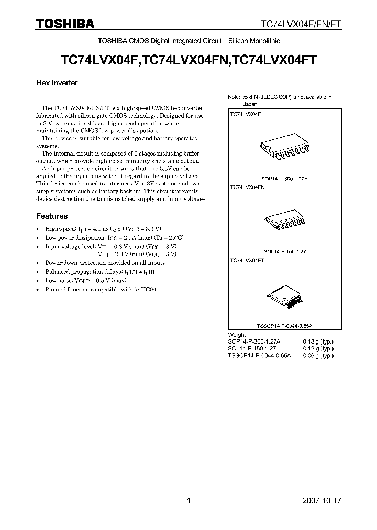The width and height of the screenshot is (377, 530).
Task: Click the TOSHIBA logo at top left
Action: (x=64, y=24)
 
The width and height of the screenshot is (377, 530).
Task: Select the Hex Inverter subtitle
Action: (x=57, y=83)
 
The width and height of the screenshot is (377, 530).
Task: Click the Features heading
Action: (x=51, y=216)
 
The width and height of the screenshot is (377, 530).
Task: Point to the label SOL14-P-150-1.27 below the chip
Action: (x=284, y=251)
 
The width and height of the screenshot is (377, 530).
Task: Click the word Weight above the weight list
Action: (x=237, y=335)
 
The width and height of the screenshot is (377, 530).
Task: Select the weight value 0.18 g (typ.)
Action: (x=317, y=341)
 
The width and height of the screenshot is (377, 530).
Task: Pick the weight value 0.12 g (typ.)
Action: (x=317, y=348)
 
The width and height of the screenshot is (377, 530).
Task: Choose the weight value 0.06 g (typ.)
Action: (x=317, y=355)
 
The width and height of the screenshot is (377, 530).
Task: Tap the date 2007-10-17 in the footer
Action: (x=322, y=501)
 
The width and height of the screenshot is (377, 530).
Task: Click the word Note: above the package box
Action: (x=234, y=97)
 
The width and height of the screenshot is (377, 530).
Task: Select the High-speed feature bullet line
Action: (x=103, y=229)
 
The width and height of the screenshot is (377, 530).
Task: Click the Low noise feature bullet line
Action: (x=86, y=280)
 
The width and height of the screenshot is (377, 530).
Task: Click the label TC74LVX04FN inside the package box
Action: (x=247, y=187)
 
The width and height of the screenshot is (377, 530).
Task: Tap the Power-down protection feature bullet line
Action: (x=105, y=263)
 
